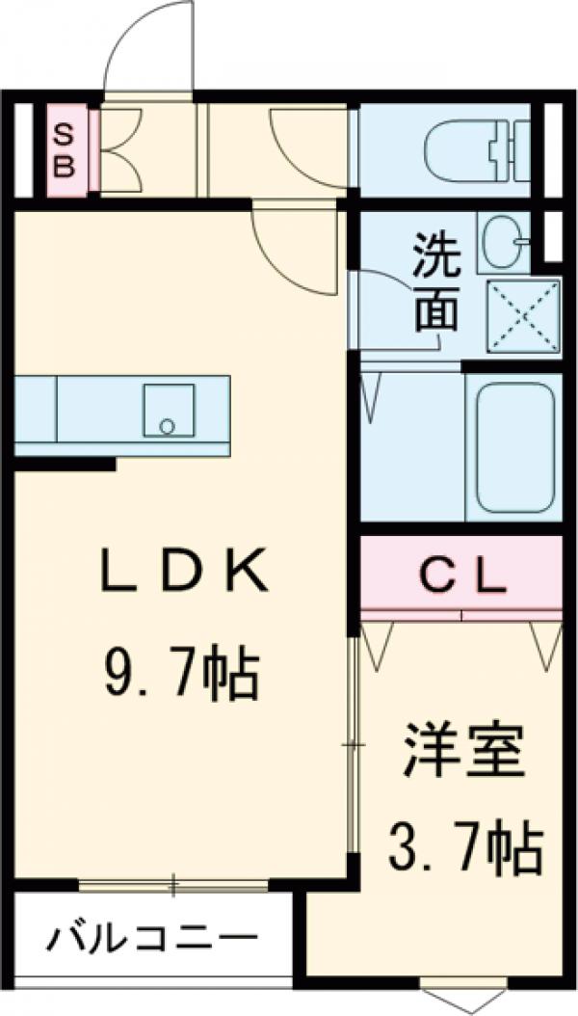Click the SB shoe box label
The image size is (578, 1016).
63,150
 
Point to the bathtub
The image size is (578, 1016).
515,445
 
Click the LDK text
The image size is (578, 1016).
183,575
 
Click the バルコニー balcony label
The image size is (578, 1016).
155,936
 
